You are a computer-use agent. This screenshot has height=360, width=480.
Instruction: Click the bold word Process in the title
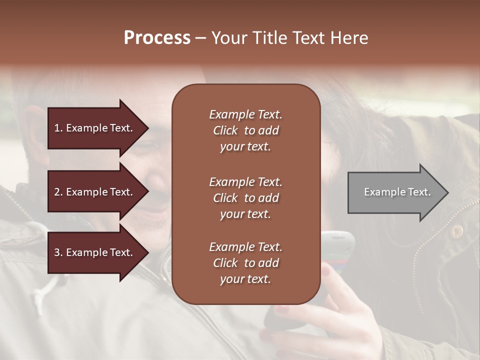[157, 37]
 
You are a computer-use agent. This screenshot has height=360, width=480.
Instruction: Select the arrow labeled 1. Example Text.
[95, 128]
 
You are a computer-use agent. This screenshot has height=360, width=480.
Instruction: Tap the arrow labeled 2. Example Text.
[95, 192]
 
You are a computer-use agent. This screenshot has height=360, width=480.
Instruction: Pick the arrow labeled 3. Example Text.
[95, 252]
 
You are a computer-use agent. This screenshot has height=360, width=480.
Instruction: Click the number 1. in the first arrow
[58, 128]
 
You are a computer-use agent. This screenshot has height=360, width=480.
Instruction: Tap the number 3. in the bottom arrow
[58, 252]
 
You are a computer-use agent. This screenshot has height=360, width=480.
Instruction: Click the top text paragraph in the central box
[245, 130]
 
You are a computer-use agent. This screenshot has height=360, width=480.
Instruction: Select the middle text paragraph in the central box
[245, 198]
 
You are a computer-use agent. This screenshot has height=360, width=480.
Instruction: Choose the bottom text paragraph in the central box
[245, 263]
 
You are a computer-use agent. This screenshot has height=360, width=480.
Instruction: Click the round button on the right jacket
[456, 230]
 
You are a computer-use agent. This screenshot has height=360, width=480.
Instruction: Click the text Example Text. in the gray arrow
[397, 192]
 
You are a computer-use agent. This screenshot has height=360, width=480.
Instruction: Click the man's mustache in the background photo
[160, 197]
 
